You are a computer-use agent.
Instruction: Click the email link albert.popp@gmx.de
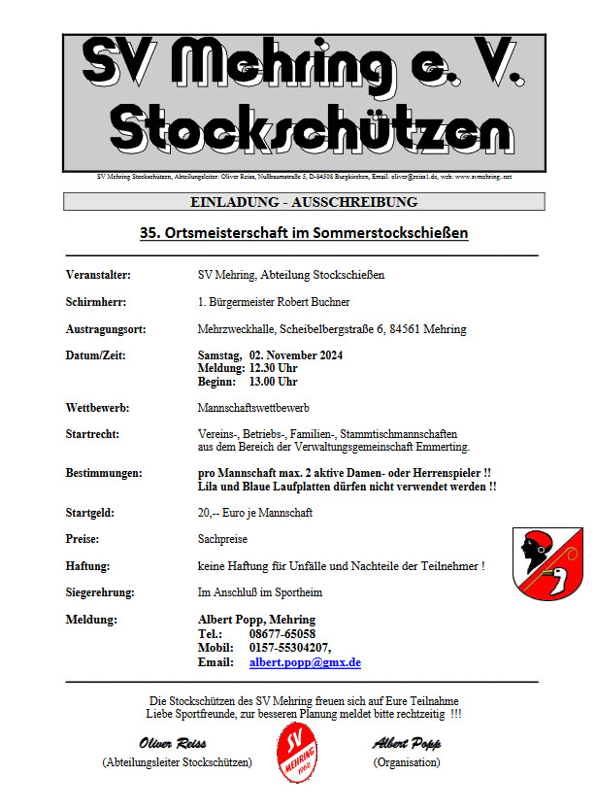(x=305, y=662)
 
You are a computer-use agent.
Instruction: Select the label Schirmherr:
(x=96, y=302)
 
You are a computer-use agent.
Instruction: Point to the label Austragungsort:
(x=106, y=329)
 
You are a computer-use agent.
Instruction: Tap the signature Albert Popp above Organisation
(x=407, y=744)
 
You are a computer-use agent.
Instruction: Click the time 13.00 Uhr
(x=274, y=382)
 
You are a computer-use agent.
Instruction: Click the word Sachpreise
(x=222, y=537)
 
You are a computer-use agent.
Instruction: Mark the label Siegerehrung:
(x=100, y=591)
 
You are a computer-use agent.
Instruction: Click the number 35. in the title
(x=151, y=233)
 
